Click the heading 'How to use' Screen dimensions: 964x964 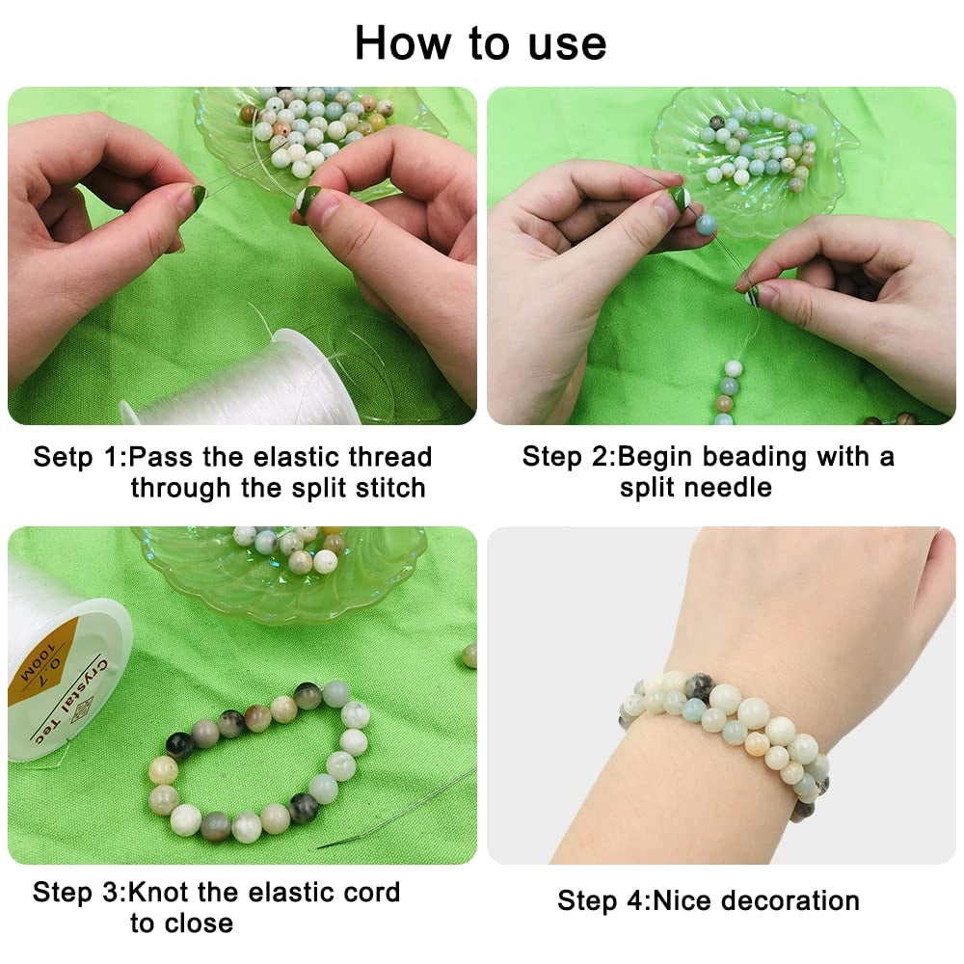point(481,43)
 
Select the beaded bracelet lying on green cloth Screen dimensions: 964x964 point(259,760)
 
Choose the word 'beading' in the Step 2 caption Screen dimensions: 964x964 point(754,458)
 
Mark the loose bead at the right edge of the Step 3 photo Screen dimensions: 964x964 point(469,656)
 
